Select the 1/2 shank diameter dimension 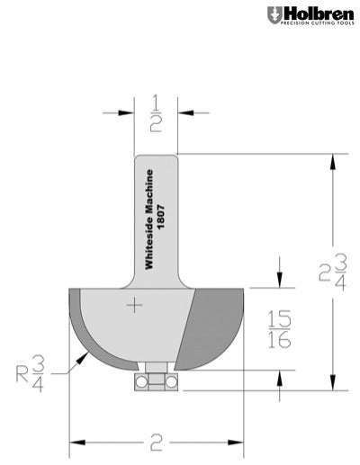pyautogui.click(x=155, y=112)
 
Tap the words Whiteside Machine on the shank pyautogui.click(x=149, y=217)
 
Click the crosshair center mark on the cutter pyautogui.click(x=135, y=307)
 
